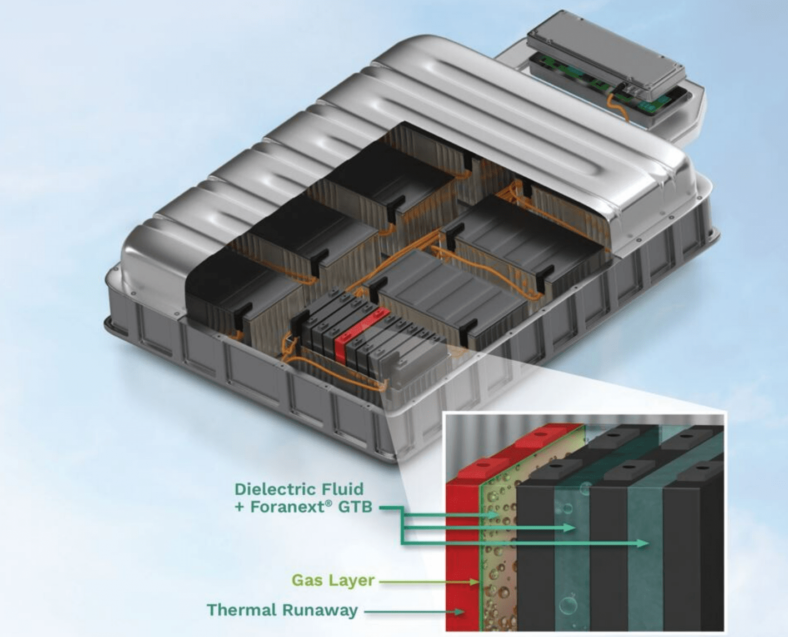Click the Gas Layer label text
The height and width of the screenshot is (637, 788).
(333, 581)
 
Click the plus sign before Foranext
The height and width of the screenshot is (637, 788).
(240, 507)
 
